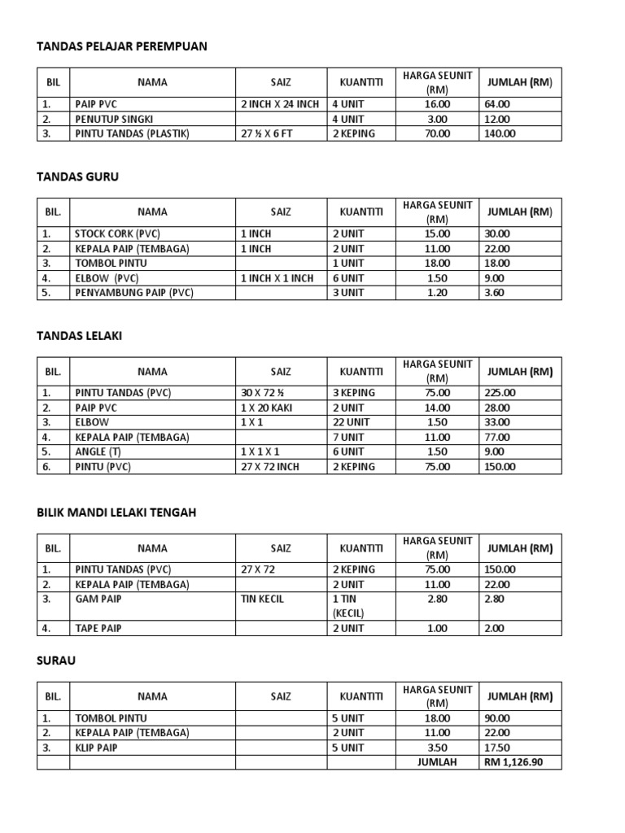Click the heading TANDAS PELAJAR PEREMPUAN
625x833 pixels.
(122, 46)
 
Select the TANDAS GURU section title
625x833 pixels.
(77, 177)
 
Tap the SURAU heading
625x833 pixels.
(56, 661)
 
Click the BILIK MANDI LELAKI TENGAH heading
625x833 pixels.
(116, 512)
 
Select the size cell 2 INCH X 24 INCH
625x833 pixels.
(280, 104)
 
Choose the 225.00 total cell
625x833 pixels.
(500, 393)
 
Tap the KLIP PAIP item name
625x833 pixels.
(96, 748)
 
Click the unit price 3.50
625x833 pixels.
(437, 748)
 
